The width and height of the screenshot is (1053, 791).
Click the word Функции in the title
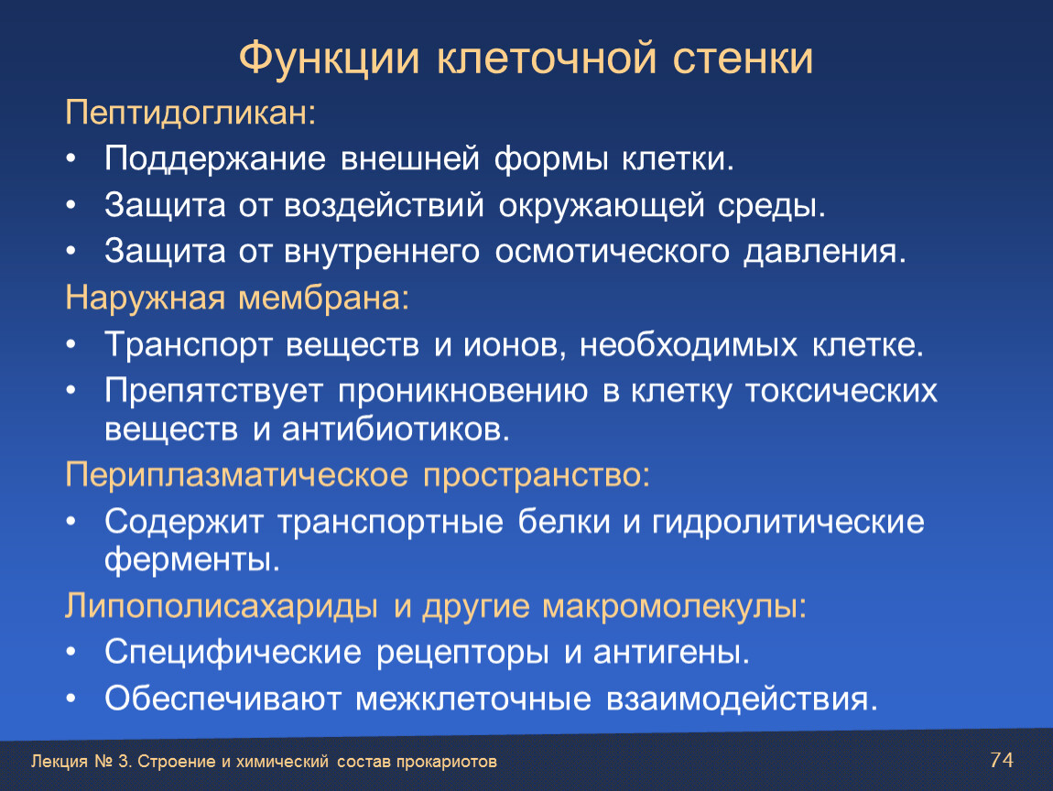pos(329,59)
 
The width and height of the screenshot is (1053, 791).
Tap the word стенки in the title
pos(743,59)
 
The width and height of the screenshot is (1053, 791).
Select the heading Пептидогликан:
pos(190,112)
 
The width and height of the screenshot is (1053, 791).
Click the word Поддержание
pos(215,160)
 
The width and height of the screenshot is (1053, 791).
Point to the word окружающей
pos(601,205)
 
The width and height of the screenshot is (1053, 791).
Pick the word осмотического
pos(612,252)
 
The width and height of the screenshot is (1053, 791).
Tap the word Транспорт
pos(188,345)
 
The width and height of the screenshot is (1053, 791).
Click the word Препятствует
pos(213,392)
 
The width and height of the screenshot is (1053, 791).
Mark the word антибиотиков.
pos(396,429)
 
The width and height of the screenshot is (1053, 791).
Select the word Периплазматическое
pos(236,475)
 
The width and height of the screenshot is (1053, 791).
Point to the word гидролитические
pos(787,523)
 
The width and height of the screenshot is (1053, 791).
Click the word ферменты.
pos(192,558)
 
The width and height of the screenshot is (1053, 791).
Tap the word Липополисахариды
pos(222,607)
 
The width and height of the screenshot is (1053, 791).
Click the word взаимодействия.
pos(742,699)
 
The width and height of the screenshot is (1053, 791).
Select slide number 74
pos(1002,760)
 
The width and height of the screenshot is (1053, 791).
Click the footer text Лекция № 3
pos(81,762)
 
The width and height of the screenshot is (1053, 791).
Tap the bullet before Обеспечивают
pos(71,699)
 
